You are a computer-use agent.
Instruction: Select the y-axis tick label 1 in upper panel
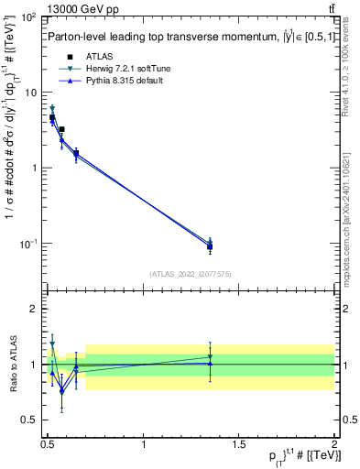36,169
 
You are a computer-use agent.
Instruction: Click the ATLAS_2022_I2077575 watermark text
191,273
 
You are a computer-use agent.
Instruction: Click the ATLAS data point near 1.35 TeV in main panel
210,246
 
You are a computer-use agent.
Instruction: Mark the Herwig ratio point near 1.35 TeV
210,357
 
